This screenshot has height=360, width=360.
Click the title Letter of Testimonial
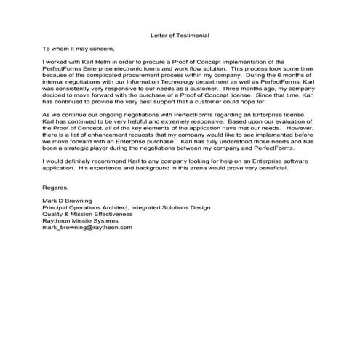tap(180, 33)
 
